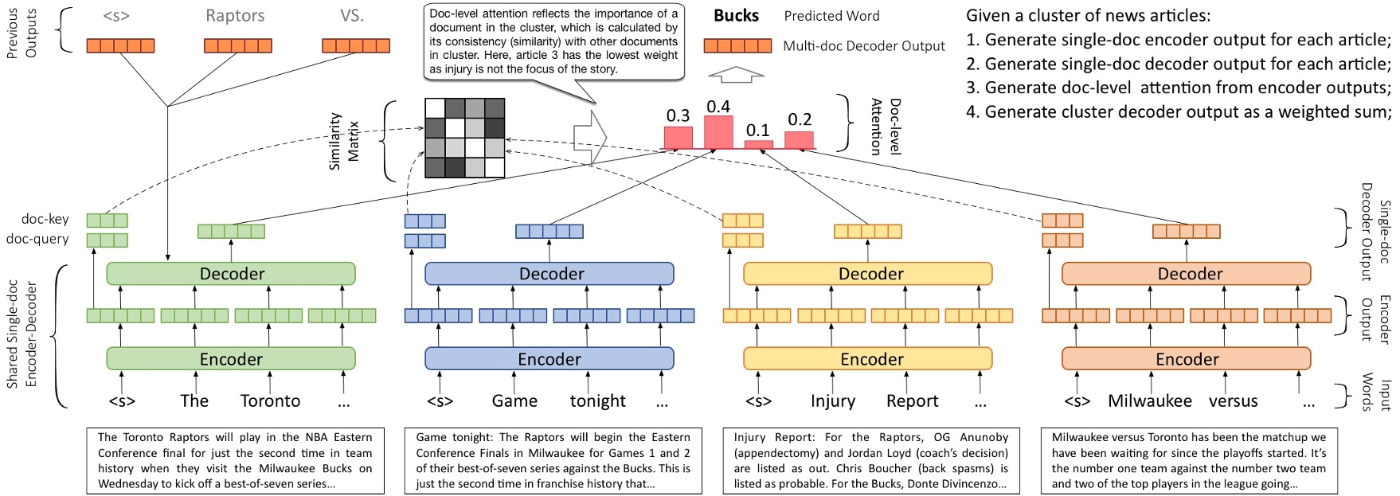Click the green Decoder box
click(231, 274)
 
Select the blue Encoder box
click(549, 359)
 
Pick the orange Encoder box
click(1187, 359)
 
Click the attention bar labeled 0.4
click(718, 131)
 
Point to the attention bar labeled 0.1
click(758, 144)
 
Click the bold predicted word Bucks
click(736, 16)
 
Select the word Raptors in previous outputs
click(235, 16)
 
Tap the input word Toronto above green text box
click(270, 401)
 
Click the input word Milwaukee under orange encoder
click(1149, 401)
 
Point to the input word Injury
click(832, 401)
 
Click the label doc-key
click(45, 219)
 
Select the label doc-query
click(37, 239)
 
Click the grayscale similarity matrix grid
click(465, 138)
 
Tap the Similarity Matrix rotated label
click(344, 141)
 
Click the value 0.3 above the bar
click(678, 116)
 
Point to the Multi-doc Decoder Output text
click(863, 46)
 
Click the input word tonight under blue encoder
click(597, 401)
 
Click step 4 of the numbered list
click(1179, 112)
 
